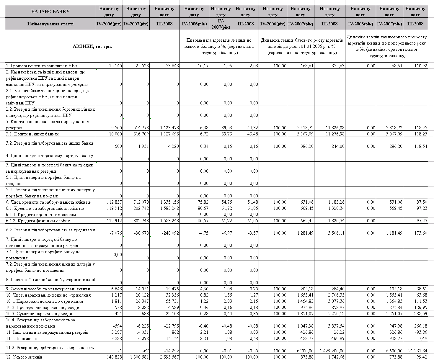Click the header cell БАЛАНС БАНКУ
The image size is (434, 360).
[x=50, y=12]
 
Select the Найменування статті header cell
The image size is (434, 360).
[x=50, y=24]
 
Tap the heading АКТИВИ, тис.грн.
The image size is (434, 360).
[x=92, y=46]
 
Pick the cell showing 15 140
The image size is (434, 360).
[x=115, y=66]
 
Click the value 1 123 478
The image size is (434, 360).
[x=169, y=128]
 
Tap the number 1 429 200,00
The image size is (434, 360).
[x=332, y=351]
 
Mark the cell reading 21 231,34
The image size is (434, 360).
[x=417, y=351]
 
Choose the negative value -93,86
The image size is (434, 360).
[x=420, y=332]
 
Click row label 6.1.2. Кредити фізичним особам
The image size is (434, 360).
[x=38, y=221]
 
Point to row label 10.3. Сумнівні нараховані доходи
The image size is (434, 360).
[x=39, y=314]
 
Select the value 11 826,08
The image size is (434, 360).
[x=334, y=128]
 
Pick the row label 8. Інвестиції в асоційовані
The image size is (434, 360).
[x=50, y=279]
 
